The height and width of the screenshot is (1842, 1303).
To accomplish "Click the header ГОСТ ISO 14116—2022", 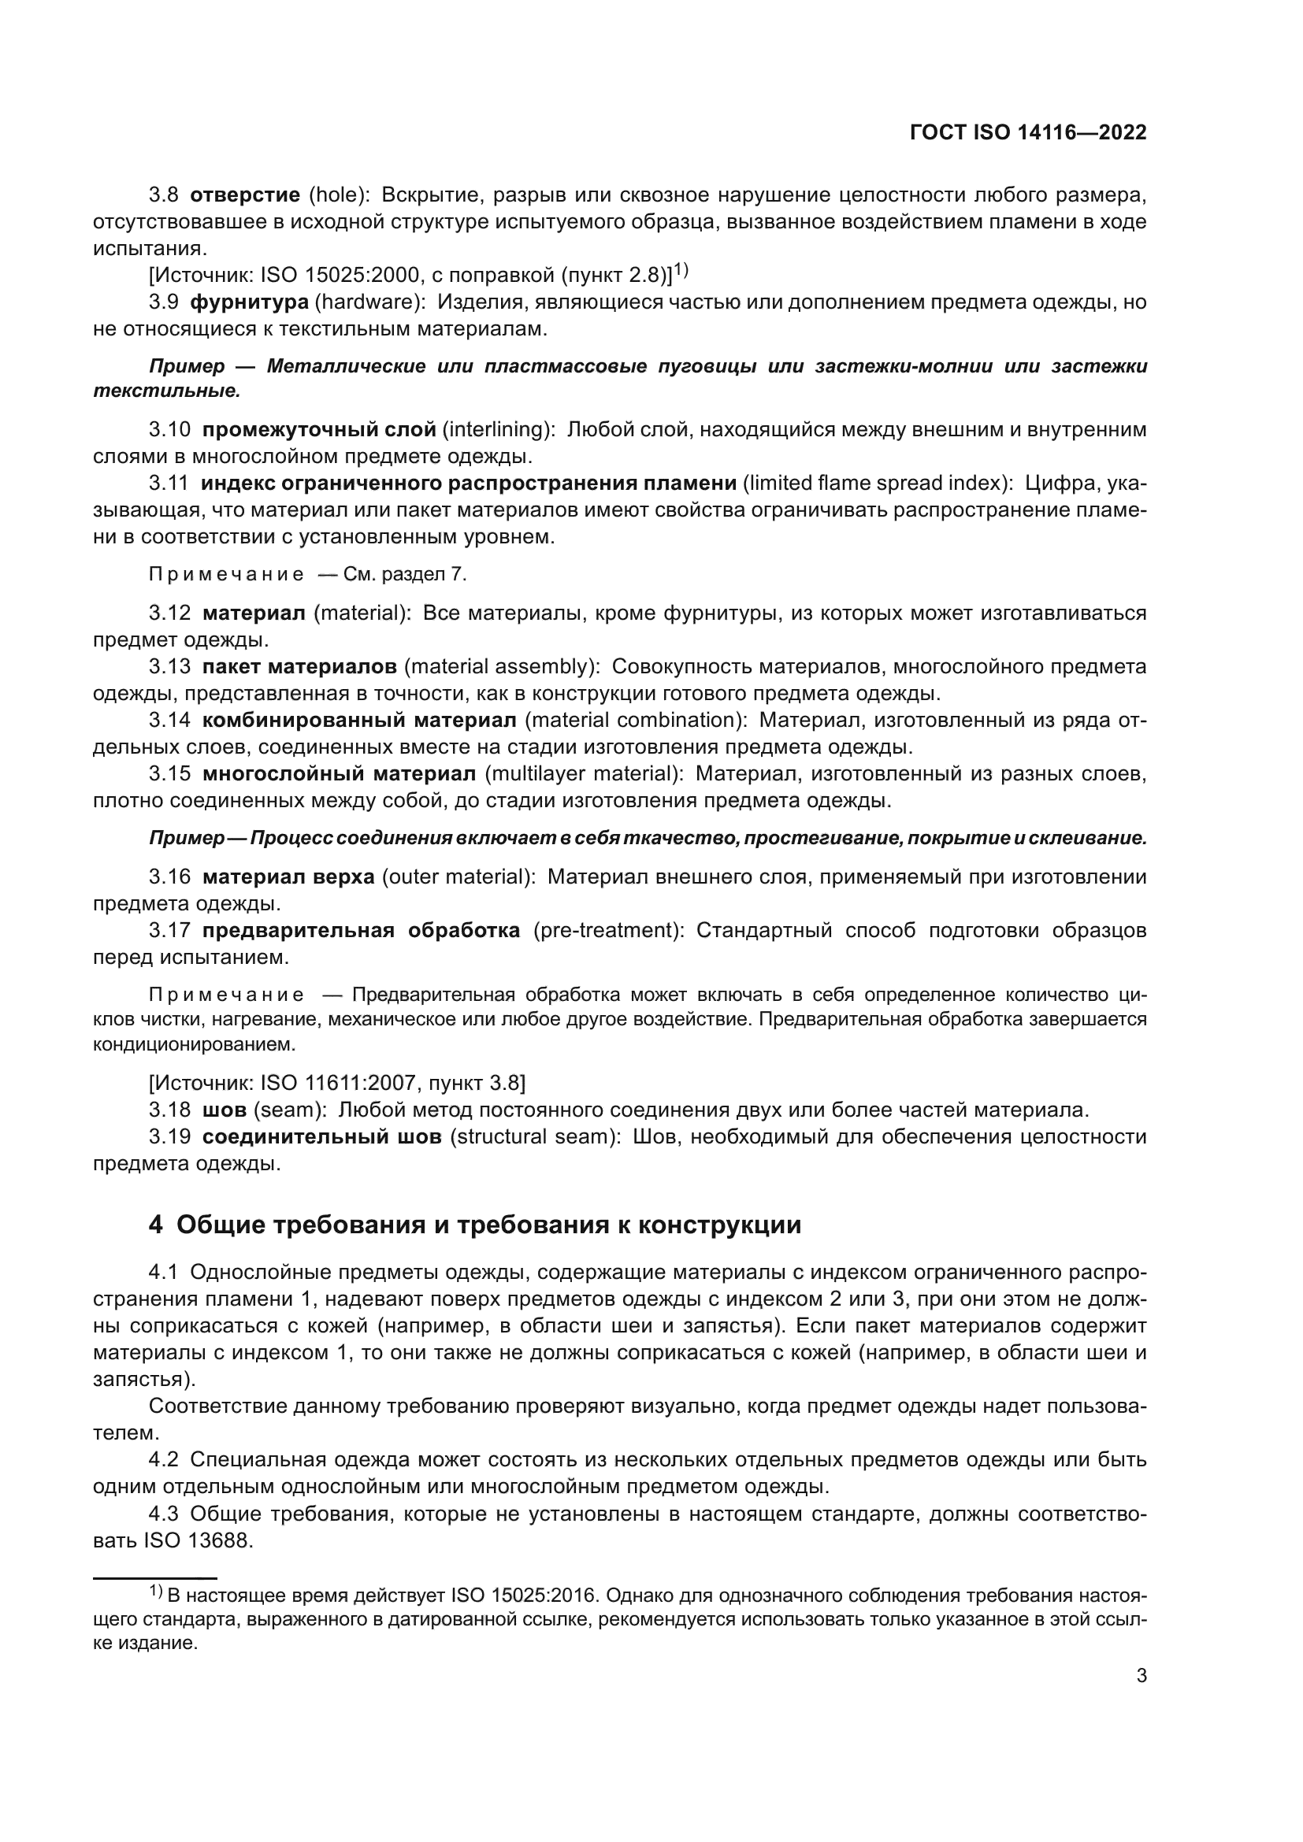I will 1028,133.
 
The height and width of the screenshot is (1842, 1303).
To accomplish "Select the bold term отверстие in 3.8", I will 245,195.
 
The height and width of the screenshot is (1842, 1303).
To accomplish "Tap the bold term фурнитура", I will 249,302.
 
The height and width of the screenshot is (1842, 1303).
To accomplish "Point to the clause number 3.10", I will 169,430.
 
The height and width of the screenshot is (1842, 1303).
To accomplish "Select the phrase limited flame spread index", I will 875,483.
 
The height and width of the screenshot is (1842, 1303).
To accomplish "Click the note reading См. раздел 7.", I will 404,574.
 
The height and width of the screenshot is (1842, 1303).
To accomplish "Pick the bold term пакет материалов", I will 299,667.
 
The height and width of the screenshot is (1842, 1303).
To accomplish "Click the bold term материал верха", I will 288,877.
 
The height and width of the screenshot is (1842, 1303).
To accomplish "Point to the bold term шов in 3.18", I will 225,1110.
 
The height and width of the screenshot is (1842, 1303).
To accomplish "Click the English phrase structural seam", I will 534,1138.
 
